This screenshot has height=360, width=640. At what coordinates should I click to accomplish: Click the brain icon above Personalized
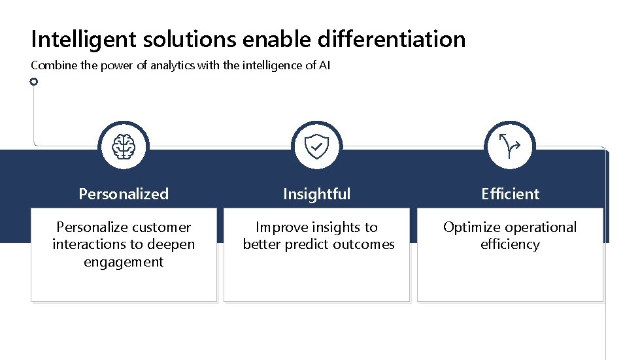click(x=124, y=147)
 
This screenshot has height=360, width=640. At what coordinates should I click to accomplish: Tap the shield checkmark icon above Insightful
click(x=317, y=147)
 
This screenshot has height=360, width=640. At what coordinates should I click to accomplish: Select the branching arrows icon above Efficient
click(x=510, y=146)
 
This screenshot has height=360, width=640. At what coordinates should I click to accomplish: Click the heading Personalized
click(x=124, y=194)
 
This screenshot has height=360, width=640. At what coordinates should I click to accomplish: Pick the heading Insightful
click(x=317, y=194)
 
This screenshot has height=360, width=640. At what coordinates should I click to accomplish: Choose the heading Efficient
click(x=510, y=194)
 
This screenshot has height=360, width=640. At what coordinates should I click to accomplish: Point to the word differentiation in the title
click(x=392, y=40)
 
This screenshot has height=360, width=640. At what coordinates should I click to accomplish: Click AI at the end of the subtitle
click(x=325, y=66)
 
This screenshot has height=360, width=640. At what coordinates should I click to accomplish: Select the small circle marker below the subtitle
click(x=34, y=82)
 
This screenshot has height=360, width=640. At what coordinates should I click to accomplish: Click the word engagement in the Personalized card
click(x=124, y=262)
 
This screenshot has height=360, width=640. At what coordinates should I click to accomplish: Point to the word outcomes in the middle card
click(x=363, y=244)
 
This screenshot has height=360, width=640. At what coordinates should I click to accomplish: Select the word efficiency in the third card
click(x=510, y=244)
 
